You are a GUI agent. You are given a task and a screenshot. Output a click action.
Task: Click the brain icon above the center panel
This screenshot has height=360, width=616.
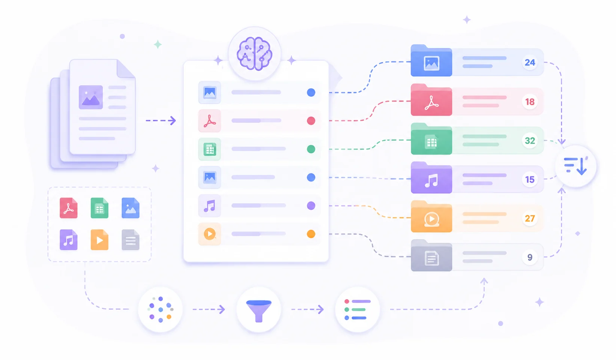(254, 54)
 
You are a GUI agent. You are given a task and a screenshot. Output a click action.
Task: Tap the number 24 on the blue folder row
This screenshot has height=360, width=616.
(530, 62)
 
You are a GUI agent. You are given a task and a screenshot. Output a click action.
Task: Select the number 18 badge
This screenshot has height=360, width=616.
(530, 102)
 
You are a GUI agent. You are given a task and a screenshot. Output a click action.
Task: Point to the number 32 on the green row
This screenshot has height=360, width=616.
(530, 141)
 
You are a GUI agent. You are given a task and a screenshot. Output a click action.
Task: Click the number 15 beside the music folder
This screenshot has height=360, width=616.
(530, 180)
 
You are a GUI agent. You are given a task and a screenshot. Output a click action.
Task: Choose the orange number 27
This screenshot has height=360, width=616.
(530, 218)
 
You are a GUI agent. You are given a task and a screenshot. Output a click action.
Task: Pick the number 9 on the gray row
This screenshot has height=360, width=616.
(530, 258)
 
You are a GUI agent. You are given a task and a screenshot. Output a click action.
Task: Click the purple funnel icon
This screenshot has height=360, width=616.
(259, 311)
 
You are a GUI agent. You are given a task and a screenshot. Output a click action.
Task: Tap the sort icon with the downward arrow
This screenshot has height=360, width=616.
(575, 166)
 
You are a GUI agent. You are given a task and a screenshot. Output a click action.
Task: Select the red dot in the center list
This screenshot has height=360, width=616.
(311, 121)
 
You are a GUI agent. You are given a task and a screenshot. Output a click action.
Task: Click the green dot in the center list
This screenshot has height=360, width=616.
(311, 149)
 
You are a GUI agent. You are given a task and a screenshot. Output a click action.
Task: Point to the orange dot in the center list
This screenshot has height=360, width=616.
(311, 234)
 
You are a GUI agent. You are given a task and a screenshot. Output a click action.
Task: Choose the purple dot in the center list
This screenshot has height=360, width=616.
(311, 206)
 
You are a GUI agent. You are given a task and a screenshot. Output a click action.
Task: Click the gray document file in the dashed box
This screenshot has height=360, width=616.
(130, 239)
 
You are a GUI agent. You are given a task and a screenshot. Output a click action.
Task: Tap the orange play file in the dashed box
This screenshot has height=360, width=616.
(100, 239)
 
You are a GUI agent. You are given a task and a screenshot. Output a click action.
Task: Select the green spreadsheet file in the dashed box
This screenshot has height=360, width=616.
(100, 208)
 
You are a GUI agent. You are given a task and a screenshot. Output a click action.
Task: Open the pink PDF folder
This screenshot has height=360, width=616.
(431, 100)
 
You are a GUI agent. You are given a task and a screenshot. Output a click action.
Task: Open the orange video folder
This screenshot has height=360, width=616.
(431, 217)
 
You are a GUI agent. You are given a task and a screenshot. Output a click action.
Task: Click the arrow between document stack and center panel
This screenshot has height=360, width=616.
(161, 121)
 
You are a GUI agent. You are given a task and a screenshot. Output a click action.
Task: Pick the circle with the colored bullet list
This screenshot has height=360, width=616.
(358, 309)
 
